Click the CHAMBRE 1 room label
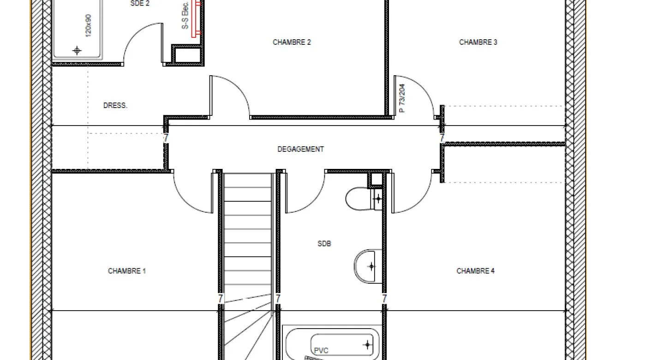point(127,271)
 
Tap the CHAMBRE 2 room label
point(292,42)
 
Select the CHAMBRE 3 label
point(478,42)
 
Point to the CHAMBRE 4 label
point(476,271)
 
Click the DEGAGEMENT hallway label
point(300,149)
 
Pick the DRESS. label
point(115,105)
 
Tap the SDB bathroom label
point(324,244)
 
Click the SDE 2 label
point(140,4)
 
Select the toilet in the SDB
point(364,198)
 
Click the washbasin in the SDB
point(368,266)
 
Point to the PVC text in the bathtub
point(321,350)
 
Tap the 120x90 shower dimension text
point(89,26)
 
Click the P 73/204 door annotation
point(402,98)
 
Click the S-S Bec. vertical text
point(185,15)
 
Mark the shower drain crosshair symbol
point(77,51)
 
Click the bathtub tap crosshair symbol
point(367,344)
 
